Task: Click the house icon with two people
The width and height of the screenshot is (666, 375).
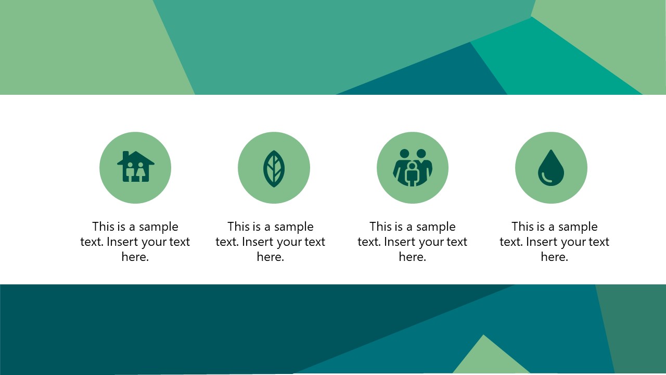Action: [x=135, y=167]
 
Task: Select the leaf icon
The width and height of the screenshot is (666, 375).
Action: [x=274, y=168]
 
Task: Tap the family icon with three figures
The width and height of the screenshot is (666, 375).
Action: [x=412, y=168]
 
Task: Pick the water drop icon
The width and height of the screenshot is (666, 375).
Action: [x=550, y=168]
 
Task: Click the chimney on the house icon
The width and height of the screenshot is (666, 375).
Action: [x=126, y=155]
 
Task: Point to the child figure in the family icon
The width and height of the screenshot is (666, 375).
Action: [x=412, y=174]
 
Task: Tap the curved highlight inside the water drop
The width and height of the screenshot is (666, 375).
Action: [x=546, y=179]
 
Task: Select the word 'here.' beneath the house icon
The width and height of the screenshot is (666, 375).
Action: [x=135, y=257]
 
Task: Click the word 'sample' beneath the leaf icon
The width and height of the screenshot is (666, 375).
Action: [x=294, y=227]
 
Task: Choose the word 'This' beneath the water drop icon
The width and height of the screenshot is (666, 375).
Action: [x=523, y=227]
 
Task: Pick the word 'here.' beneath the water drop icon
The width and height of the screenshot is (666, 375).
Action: [x=554, y=257]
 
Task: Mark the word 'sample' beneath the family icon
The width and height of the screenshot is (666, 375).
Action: [x=436, y=227]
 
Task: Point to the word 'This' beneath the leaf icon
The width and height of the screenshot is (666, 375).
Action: [x=239, y=227]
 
